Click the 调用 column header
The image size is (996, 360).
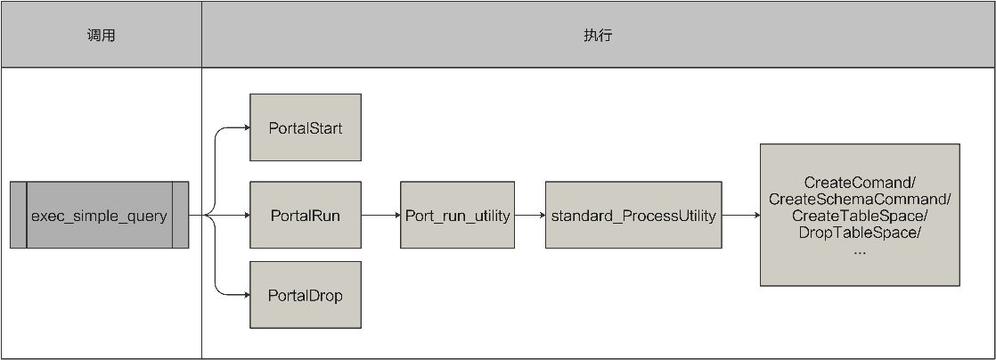pyautogui.click(x=101, y=37)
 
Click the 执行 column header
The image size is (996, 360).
pyautogui.click(x=598, y=37)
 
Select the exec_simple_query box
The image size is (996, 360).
pyautogui.click(x=99, y=216)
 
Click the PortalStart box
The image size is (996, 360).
pyautogui.click(x=306, y=127)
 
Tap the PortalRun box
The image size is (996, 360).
pyautogui.click(x=306, y=216)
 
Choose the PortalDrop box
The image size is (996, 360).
pyautogui.click(x=306, y=295)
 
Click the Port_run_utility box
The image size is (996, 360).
pyautogui.click(x=457, y=216)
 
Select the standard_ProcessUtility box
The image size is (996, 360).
pyautogui.click(x=633, y=216)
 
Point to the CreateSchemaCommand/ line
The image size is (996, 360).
pyautogui.click(x=860, y=198)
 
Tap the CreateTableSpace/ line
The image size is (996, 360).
pyautogui.click(x=860, y=216)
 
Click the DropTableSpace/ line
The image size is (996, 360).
pyautogui.click(x=860, y=233)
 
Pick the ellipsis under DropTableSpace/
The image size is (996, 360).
pyautogui.click(x=860, y=250)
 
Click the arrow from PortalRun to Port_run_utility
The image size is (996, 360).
pyautogui.click(x=380, y=216)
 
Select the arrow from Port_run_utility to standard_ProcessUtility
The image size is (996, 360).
pyautogui.click(x=529, y=216)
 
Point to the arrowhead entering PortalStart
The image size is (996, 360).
pyautogui.click(x=245, y=127)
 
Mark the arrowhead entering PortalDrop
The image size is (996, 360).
pyautogui.click(x=245, y=295)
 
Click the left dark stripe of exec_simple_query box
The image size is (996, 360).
pyautogui.click(x=19, y=216)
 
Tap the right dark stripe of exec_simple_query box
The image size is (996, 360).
pyautogui.click(x=180, y=216)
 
